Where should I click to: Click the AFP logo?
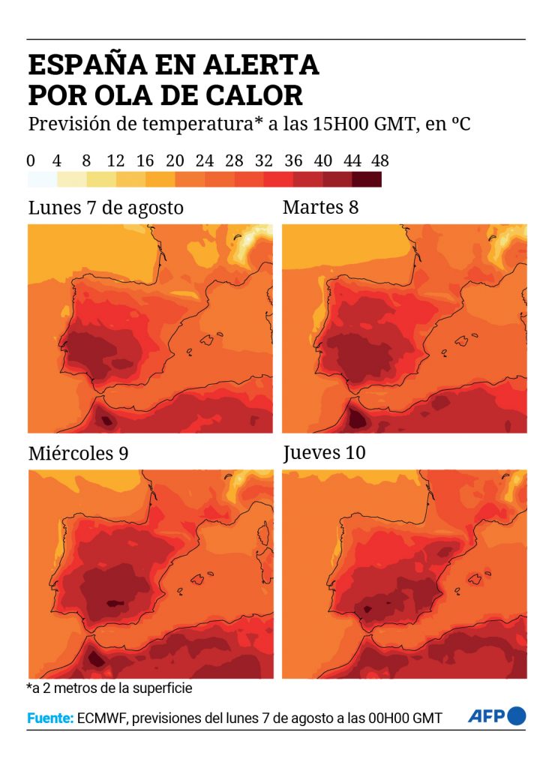point(496,716)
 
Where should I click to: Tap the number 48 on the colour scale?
point(380,160)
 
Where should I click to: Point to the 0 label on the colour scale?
point(31,160)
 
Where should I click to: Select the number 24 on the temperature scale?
point(204,160)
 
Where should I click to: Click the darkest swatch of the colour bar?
point(366,180)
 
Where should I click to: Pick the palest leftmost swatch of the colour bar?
point(42,180)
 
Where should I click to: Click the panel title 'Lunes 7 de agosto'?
point(106,208)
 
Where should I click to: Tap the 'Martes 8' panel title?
point(320,207)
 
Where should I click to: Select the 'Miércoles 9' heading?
point(78,453)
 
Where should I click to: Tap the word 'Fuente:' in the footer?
point(50,718)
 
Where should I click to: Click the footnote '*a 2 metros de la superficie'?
point(109,688)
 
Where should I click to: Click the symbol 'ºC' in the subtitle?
point(460,124)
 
